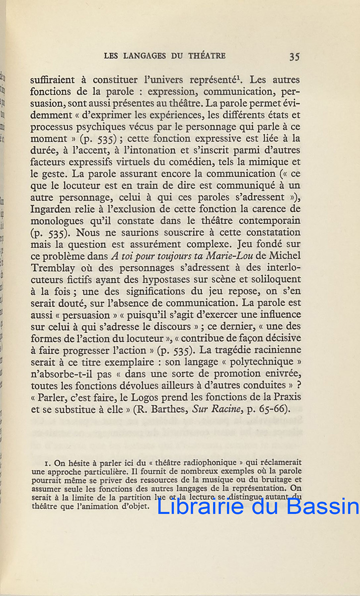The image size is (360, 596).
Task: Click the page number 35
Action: [x=294, y=56]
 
